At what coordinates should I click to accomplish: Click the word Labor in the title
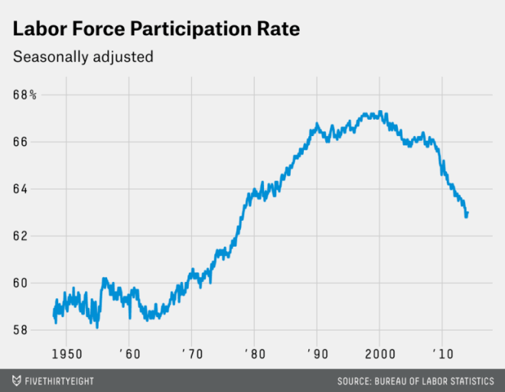coord(40,28)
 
